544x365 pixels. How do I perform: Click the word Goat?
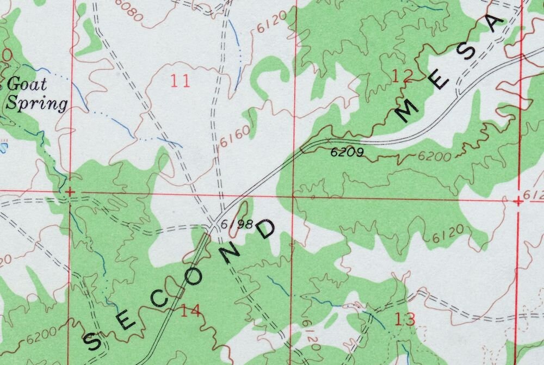[27, 84]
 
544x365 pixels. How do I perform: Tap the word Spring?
[37, 103]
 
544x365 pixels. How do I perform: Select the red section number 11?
[180, 82]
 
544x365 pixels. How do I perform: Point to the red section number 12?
[402, 77]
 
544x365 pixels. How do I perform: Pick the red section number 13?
[406, 319]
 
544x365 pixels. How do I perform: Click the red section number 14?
[190, 311]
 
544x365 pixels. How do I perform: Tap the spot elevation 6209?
[347, 152]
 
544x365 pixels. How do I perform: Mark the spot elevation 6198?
[237, 224]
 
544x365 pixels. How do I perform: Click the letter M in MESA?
[406, 110]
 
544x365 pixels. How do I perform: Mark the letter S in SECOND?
[92, 342]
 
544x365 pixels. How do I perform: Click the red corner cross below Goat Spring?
[69, 191]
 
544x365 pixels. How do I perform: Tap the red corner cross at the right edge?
[518, 201]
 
